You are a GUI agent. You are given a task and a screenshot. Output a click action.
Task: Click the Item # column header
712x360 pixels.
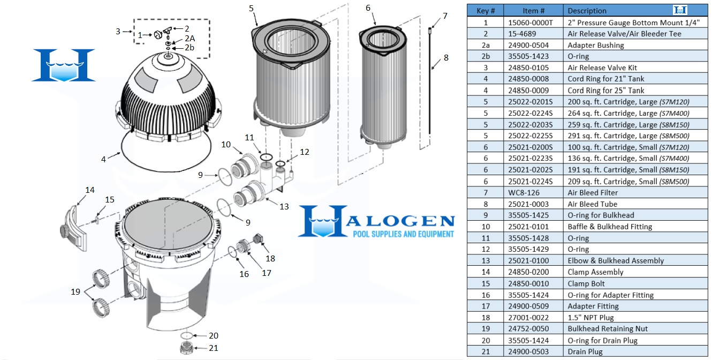pos(533,11)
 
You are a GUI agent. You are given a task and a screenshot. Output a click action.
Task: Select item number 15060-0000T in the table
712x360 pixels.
pos(530,22)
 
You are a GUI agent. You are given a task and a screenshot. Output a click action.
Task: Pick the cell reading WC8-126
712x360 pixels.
pos(524,192)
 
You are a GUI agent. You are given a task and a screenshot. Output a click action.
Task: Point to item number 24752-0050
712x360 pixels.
pos(528,328)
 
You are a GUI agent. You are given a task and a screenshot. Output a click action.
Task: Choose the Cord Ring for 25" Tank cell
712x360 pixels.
pos(606,91)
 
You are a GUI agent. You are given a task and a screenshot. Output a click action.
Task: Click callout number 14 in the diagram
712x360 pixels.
pos(90,190)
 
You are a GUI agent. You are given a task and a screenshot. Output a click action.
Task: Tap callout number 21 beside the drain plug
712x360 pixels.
pos(213,348)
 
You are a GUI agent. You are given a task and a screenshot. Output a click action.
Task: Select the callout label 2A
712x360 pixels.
pos(190,38)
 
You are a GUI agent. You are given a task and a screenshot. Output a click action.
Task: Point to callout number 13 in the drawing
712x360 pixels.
pos(284,206)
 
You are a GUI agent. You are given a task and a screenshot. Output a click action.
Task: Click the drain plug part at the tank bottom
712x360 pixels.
pos(187,348)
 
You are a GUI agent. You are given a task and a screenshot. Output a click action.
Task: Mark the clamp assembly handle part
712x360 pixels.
pos(74,228)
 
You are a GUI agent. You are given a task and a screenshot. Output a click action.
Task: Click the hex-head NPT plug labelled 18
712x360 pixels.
pos(258,239)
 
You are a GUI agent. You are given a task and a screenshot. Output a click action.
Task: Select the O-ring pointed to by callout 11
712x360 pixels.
pos(266,157)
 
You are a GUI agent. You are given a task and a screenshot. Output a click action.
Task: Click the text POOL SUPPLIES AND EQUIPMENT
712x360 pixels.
pos(403,234)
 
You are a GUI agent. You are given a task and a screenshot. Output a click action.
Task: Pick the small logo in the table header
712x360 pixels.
pos(680,10)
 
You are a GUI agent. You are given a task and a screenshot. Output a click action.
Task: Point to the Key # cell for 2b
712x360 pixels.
pos(486,56)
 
